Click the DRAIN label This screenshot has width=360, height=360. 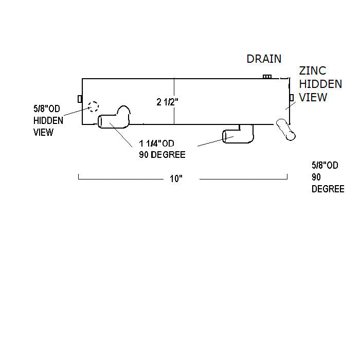tap(264, 59)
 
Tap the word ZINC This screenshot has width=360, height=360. tap(313, 71)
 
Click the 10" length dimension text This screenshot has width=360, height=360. tap(176, 179)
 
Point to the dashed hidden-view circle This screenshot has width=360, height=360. tap(93, 106)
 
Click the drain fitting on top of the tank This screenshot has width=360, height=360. tap(267, 77)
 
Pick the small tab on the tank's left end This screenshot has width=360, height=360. tap(80, 99)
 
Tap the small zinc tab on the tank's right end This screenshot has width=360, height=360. tap(292, 98)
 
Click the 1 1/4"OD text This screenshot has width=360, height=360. tap(157, 144)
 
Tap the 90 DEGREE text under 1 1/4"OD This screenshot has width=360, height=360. tap(162, 154)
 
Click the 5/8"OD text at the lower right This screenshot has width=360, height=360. tap(325, 166)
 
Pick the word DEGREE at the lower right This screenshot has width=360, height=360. tap(328, 189)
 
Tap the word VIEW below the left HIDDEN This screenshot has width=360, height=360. tap(44, 132)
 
